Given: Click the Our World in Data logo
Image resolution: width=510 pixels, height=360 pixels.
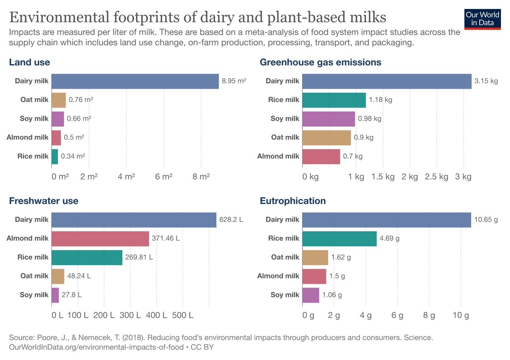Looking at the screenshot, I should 483,18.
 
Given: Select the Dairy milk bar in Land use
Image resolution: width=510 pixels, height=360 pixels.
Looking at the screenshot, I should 135,81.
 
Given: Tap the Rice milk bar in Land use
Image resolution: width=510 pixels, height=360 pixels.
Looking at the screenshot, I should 54,156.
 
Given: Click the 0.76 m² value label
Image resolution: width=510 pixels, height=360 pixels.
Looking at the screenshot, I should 81,100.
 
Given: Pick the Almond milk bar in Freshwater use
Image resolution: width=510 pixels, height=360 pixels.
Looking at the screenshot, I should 100,238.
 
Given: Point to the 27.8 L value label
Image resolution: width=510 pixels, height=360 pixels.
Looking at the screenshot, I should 71,295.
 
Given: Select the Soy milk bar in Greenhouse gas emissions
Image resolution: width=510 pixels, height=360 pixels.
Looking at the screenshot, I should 329,119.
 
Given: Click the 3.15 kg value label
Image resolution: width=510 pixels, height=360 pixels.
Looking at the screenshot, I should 486,81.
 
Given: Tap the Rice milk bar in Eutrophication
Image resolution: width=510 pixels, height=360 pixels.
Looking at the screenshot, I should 339,238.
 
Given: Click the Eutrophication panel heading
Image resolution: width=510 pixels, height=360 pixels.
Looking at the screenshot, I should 293,201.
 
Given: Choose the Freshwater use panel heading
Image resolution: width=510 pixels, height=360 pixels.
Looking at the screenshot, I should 44,201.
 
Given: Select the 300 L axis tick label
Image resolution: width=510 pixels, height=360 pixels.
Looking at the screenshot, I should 130,315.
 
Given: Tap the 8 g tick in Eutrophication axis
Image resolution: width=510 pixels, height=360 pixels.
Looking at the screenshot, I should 429,315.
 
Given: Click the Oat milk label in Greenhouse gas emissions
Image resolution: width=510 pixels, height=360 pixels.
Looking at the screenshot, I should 285,137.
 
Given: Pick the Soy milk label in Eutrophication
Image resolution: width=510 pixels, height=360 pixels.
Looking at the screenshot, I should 285,295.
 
